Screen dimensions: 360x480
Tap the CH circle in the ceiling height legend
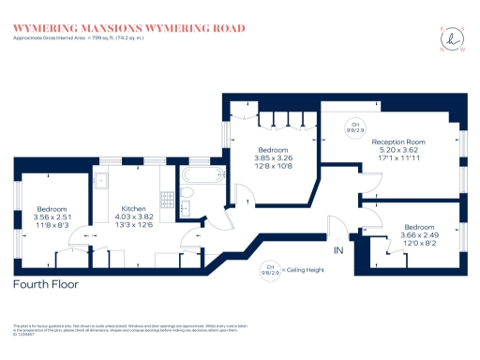tap(273, 268)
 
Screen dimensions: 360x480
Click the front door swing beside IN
tap(335, 229)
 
